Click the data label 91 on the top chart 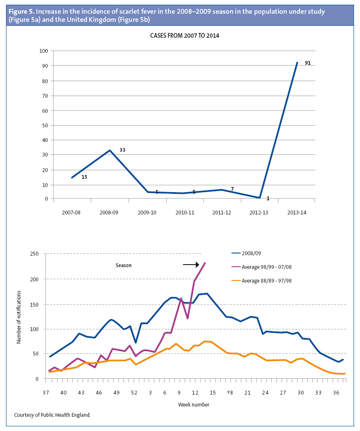[308, 63]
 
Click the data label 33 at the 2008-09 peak [122, 150]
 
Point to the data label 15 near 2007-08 [84, 177]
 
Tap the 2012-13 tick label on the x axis [258, 212]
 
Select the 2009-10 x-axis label [147, 212]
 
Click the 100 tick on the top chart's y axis [43, 51]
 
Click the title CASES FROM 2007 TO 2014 [184, 36]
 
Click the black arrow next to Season [191, 265]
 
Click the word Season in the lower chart [123, 265]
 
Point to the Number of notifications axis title [19, 317]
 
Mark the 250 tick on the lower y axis [35, 254]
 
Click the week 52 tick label [134, 393]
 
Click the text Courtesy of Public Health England [52, 415]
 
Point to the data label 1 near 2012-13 [268, 199]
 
